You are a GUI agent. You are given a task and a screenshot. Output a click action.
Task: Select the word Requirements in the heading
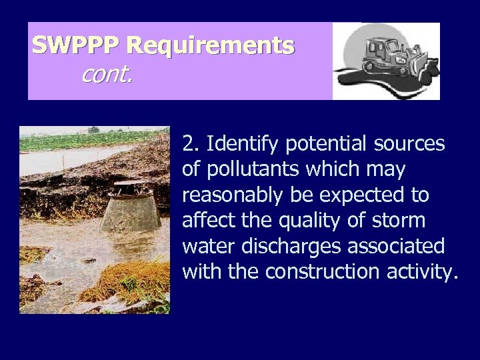click(210, 46)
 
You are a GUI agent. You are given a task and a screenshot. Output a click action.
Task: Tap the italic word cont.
click(107, 75)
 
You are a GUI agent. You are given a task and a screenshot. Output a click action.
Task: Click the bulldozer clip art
click(387, 61)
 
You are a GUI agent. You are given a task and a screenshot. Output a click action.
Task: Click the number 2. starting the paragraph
click(191, 144)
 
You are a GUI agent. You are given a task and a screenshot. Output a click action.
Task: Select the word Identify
click(235, 144)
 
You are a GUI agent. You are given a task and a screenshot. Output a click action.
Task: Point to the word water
click(205, 247)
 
